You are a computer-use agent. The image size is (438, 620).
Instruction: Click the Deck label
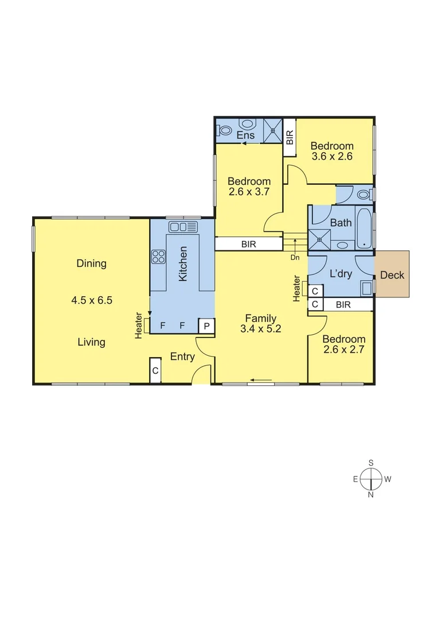click(392, 275)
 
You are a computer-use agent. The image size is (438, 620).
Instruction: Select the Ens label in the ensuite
click(245, 135)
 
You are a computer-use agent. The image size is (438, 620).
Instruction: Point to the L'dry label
click(341, 274)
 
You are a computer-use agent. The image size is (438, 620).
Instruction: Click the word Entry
click(182, 357)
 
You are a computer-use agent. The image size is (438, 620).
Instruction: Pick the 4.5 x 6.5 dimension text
click(92, 300)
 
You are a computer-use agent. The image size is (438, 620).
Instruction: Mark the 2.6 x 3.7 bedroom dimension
click(249, 192)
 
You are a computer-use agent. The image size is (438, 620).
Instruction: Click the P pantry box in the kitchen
click(206, 327)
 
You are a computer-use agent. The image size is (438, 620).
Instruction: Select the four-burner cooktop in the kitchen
click(159, 257)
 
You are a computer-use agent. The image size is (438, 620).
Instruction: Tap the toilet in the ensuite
click(224, 130)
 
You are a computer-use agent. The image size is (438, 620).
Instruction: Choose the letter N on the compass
click(371, 494)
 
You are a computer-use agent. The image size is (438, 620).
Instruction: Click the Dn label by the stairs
click(295, 258)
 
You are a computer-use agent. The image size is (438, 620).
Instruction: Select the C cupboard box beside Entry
click(155, 371)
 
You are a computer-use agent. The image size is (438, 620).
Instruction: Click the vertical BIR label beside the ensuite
click(290, 137)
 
